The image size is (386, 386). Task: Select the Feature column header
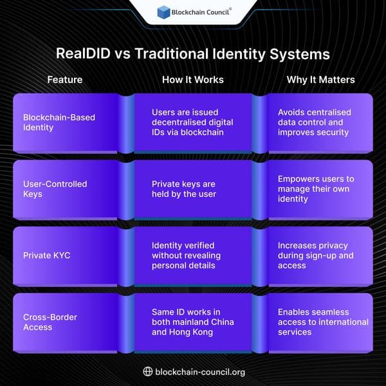coord(64,80)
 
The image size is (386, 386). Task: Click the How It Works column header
coord(192,80)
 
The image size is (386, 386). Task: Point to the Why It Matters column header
coord(320,80)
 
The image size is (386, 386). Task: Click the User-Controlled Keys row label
coord(55,188)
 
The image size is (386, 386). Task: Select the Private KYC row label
coord(46,255)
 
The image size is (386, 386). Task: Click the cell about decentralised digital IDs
coord(192,122)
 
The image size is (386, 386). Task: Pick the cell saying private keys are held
coord(183,188)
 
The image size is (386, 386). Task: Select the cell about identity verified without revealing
coord(187,255)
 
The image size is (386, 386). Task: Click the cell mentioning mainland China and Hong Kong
coord(192,322)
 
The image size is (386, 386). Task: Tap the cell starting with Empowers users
coord(316,188)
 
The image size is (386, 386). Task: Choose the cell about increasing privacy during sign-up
coord(316,255)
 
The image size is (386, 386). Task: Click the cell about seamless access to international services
coord(322,322)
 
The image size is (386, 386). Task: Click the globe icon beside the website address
coord(147,371)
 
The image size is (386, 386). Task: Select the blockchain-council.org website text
coord(200,372)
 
